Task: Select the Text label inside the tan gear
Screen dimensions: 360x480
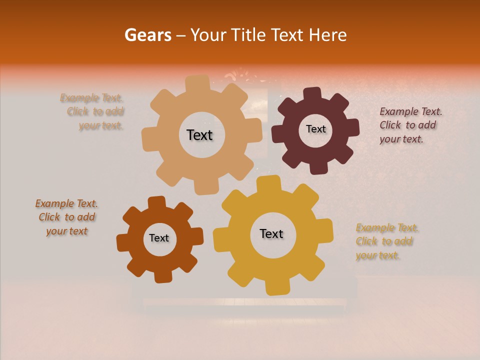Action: [x=199, y=135]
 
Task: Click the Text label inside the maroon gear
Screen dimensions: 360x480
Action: [x=315, y=129]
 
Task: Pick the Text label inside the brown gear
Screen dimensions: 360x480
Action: [x=159, y=238]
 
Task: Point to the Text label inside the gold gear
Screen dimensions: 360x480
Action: [x=271, y=233]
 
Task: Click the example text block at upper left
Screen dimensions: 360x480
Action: [x=92, y=112]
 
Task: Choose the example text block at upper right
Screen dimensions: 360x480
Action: [x=410, y=125]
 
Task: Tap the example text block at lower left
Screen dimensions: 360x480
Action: [x=66, y=217]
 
